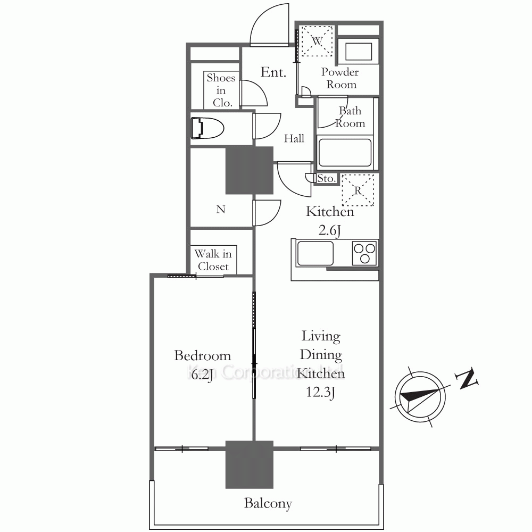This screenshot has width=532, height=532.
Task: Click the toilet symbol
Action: (x=207, y=128)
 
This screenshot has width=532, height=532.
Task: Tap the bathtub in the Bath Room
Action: (x=345, y=153)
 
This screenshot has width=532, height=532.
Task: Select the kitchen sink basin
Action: (x=315, y=253)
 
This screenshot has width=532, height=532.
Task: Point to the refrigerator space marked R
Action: (x=358, y=190)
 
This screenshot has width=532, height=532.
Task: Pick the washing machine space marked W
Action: (x=317, y=41)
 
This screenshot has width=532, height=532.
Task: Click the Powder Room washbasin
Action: (x=358, y=51)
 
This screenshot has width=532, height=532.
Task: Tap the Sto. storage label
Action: (x=326, y=178)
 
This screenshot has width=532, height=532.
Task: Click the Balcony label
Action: (x=268, y=503)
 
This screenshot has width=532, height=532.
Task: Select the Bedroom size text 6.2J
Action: (x=202, y=375)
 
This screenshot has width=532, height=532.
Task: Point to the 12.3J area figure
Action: (x=321, y=392)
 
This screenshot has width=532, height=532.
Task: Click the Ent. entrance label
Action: (x=273, y=72)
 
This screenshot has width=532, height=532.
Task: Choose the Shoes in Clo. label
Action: (x=221, y=90)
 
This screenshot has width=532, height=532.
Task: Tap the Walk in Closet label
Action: (x=213, y=260)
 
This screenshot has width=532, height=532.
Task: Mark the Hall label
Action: (x=294, y=138)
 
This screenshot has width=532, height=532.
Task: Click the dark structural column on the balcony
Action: (x=250, y=464)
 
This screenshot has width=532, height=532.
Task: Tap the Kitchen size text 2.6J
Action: (x=329, y=230)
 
